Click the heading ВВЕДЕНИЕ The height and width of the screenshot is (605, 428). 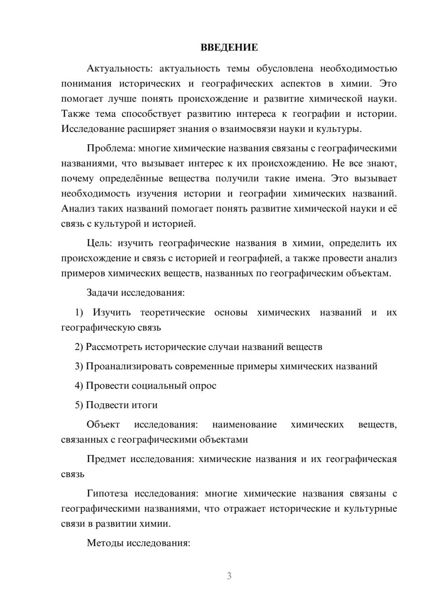[x=229, y=47]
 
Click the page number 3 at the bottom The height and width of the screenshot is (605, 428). [x=229, y=576]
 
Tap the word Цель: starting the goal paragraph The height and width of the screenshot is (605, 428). [x=99, y=243]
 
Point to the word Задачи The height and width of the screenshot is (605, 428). [x=103, y=293]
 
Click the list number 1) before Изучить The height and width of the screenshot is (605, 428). [x=79, y=313]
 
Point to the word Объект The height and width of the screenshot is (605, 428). [x=103, y=424]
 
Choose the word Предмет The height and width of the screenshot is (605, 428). [x=106, y=459]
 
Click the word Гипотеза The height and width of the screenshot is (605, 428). [x=107, y=494]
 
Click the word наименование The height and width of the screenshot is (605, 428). [x=244, y=424]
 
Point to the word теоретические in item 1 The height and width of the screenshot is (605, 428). [x=172, y=313]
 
